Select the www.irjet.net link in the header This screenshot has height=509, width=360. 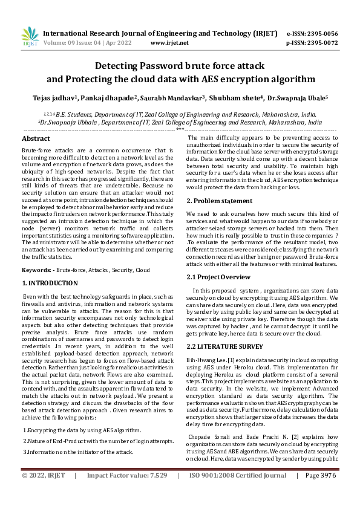[x=167, y=44]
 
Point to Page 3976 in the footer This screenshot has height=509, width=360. [x=321, y=493]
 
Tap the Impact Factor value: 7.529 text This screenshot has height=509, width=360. [x=126, y=493]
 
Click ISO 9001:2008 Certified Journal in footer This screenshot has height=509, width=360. [x=238, y=493]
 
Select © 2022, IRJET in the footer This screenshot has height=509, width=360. [x=44, y=493]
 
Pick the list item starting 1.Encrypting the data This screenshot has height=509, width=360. [x=82, y=430]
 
